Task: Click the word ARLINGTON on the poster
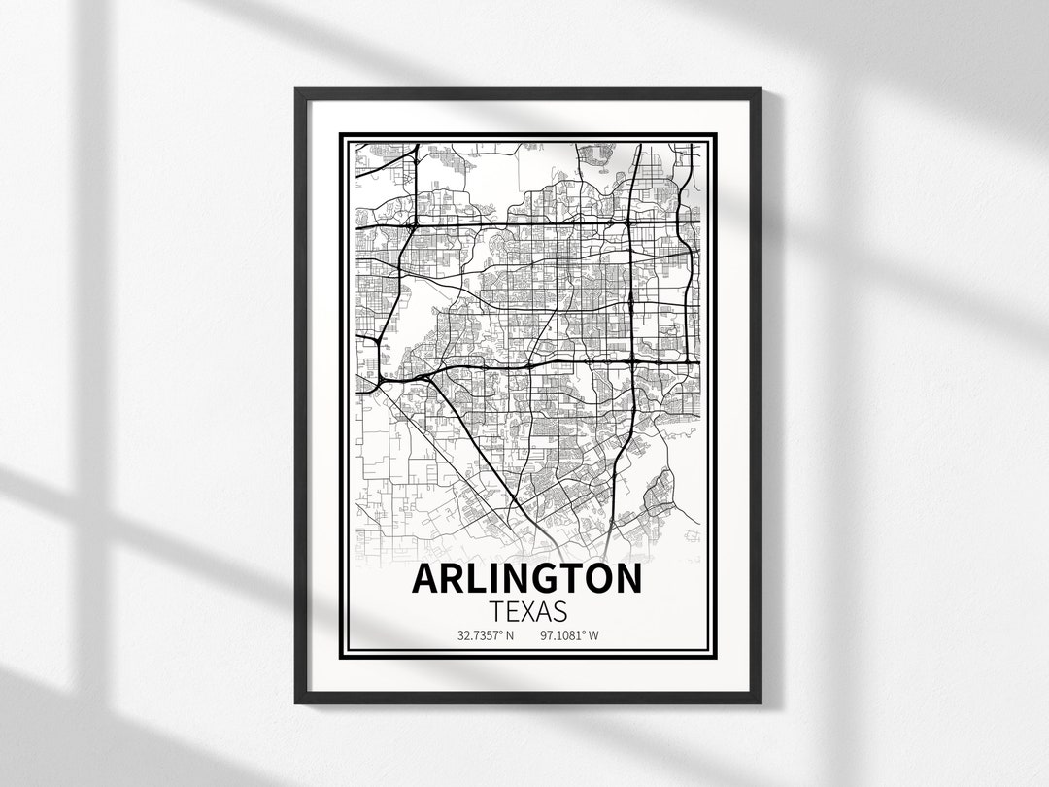click(x=526, y=578)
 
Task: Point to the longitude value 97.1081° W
click(x=567, y=637)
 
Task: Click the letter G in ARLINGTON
click(x=533, y=578)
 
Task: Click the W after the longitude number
click(x=593, y=637)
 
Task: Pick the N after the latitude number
click(x=509, y=637)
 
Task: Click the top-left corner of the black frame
click(x=296, y=90)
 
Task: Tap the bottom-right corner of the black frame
click(x=760, y=702)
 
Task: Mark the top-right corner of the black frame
click(x=760, y=90)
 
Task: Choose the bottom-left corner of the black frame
click(x=296, y=702)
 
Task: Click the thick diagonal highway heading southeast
click(x=476, y=447)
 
